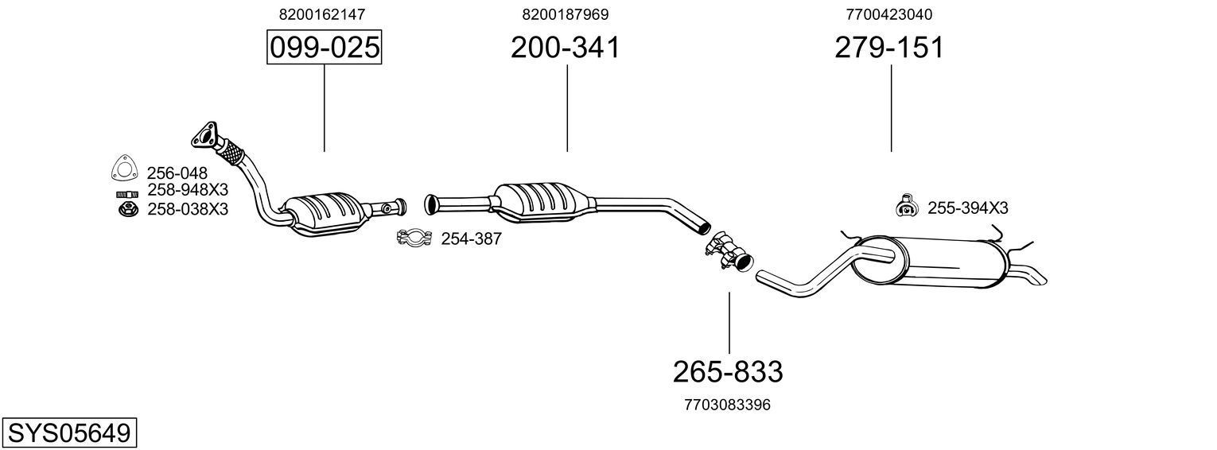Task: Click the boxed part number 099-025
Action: [324, 48]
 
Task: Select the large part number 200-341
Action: [566, 48]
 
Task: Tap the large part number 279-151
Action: [889, 48]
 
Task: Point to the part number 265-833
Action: [728, 371]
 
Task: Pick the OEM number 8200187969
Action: [566, 14]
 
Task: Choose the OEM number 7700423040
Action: [889, 14]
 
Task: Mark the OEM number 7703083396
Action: [727, 405]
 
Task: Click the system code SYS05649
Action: [68, 433]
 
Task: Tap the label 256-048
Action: [177, 173]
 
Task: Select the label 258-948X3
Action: [187, 191]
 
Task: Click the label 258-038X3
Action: [187, 209]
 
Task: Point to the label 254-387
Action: [471, 239]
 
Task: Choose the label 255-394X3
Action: [967, 208]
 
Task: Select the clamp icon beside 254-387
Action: [414, 237]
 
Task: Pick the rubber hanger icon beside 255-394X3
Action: [905, 206]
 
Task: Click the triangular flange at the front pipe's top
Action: [205, 136]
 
